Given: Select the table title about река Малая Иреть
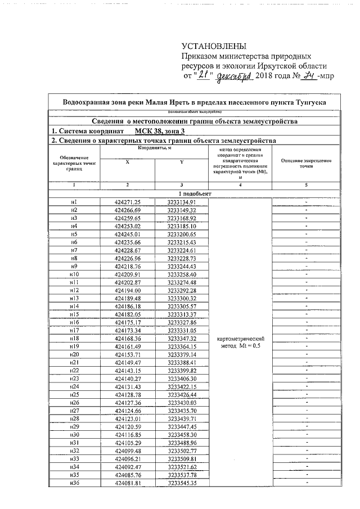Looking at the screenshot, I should (194, 102).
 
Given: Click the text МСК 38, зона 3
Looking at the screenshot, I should (160, 130).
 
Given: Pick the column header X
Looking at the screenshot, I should (127, 161).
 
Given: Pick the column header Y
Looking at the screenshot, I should (182, 161).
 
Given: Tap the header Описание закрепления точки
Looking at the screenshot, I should (306, 164).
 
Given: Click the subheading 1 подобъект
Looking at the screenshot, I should (181, 193).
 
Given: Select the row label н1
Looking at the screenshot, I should (74, 202).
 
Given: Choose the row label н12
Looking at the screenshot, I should (74, 290).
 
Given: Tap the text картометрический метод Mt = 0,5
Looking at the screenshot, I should (240, 343).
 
